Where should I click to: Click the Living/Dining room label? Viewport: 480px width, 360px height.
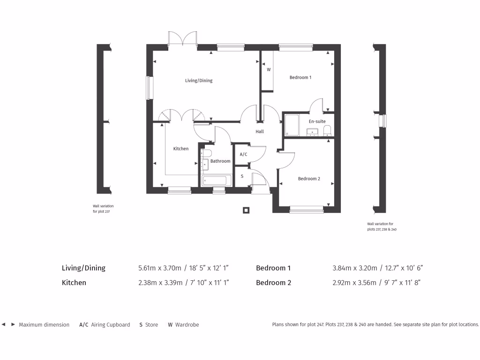(x=199, y=81)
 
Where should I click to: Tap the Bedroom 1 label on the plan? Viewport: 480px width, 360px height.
(x=300, y=77)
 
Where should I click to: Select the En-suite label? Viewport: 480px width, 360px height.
(x=317, y=121)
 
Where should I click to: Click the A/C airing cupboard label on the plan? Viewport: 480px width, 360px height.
(x=243, y=154)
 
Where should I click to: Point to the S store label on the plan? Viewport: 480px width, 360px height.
(x=242, y=176)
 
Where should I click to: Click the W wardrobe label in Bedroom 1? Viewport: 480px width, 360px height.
(x=269, y=69)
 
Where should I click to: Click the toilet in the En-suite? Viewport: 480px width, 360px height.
(x=327, y=130)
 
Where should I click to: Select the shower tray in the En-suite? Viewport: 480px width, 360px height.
(x=292, y=125)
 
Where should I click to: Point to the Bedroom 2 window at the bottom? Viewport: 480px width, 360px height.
(x=306, y=210)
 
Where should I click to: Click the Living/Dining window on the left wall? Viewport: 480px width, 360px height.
(x=149, y=88)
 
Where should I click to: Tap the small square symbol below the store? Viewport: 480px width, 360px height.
(x=246, y=210)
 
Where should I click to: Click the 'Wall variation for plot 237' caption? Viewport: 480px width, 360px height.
(x=103, y=209)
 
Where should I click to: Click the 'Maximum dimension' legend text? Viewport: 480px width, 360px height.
(x=44, y=324)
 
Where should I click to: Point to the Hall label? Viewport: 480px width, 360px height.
(x=260, y=132)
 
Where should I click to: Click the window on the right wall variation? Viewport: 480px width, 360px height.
(x=383, y=121)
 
